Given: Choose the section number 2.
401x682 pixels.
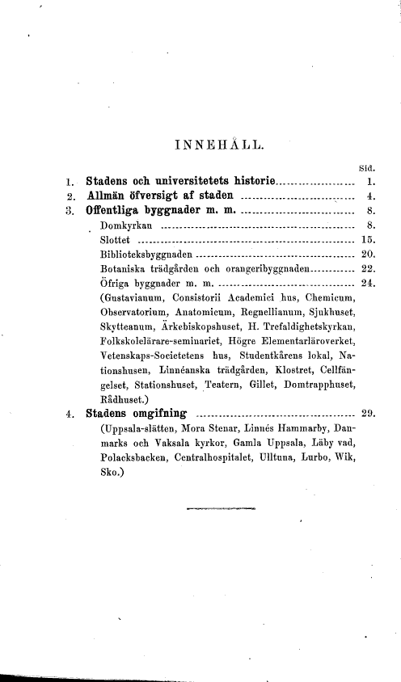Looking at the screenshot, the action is pos(70,196).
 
